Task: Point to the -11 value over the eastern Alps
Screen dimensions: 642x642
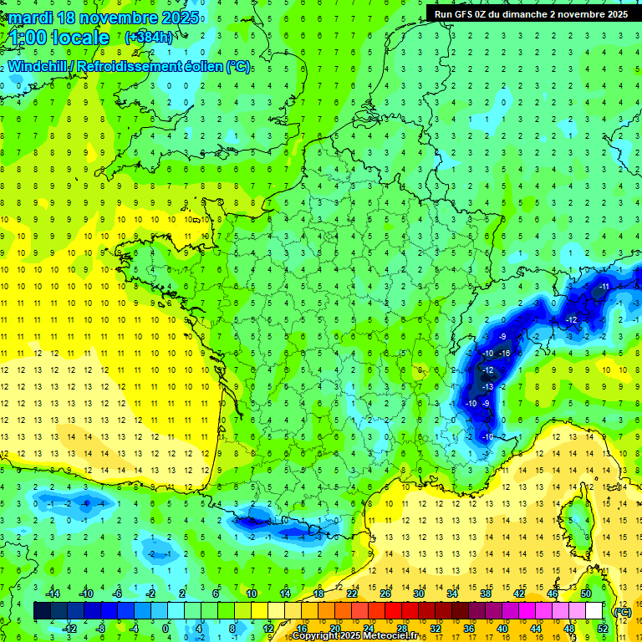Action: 604,287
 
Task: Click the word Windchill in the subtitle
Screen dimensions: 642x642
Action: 37,67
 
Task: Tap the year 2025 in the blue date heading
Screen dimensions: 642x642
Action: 179,18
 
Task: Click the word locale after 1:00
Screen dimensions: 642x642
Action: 80,38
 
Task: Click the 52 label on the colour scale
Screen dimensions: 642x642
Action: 602,629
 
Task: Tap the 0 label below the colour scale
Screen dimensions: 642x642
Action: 165,629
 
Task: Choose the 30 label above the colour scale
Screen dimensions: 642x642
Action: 416,593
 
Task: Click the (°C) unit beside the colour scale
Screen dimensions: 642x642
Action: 622,611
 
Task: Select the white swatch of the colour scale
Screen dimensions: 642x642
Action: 594,611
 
